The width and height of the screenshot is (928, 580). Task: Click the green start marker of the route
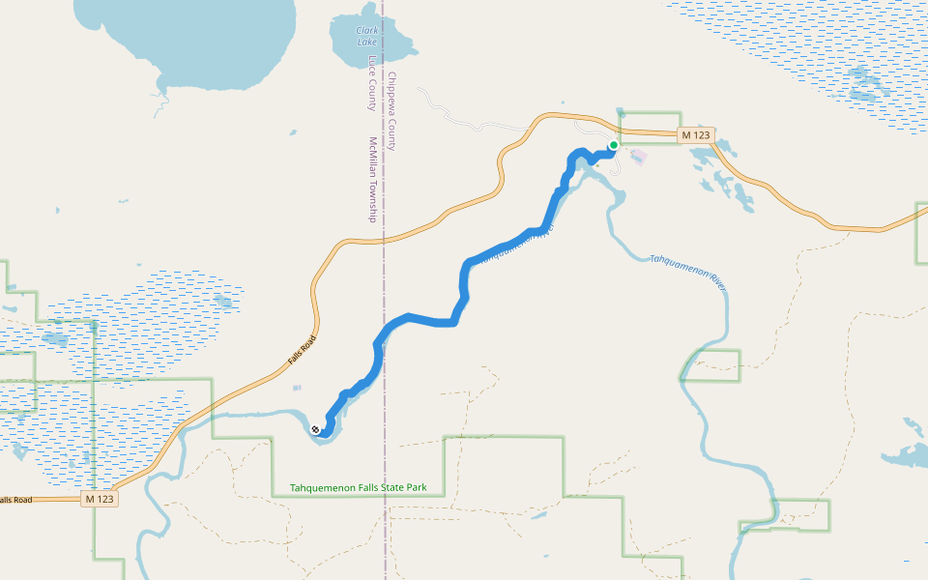pyautogui.click(x=613, y=146)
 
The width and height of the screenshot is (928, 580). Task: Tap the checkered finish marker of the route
pyautogui.click(x=315, y=429)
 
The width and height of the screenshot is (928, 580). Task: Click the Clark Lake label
pyautogui.click(x=366, y=36)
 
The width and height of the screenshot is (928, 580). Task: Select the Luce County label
pyautogui.click(x=371, y=82)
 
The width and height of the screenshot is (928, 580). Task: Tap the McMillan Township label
pyautogui.click(x=371, y=179)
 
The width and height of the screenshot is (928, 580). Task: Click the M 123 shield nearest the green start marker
pyautogui.click(x=694, y=135)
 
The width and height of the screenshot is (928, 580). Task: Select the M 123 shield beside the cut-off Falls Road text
pyautogui.click(x=99, y=499)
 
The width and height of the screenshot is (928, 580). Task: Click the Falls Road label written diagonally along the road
pyautogui.click(x=302, y=349)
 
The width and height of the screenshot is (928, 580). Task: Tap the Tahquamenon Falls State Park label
pyautogui.click(x=359, y=488)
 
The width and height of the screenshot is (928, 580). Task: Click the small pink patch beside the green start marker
pyautogui.click(x=637, y=156)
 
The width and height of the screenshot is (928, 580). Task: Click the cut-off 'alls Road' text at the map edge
pyautogui.click(x=15, y=499)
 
